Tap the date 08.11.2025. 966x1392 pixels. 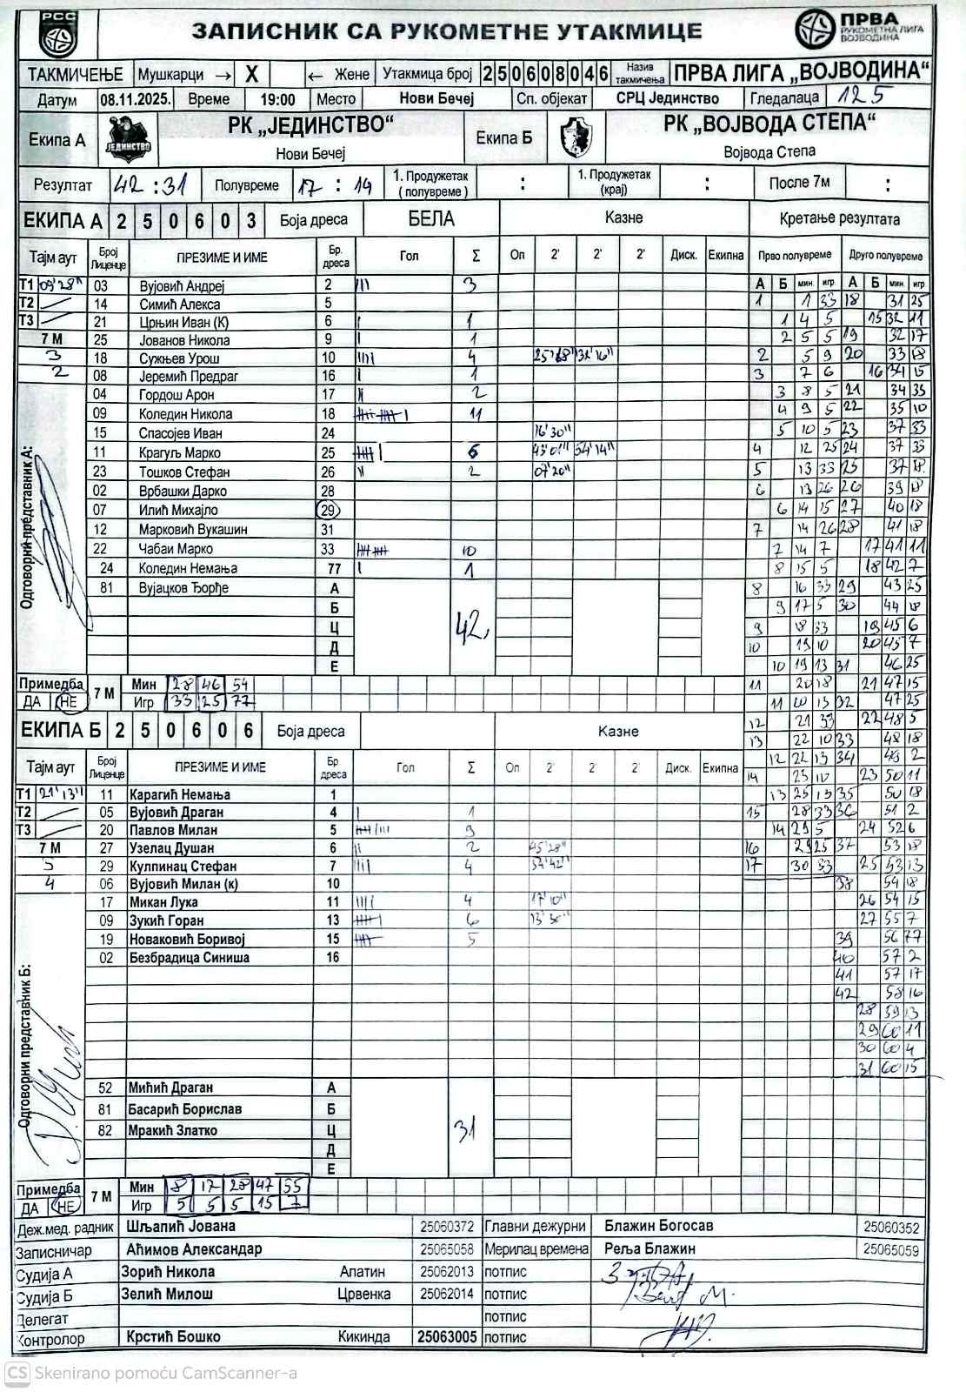(135, 99)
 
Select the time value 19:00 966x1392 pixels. (277, 100)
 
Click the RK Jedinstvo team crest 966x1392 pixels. (129, 139)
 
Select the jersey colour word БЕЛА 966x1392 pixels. (431, 218)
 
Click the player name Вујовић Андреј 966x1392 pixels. (182, 286)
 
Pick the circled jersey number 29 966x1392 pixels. (329, 511)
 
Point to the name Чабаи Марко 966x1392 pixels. (177, 549)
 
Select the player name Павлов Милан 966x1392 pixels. (173, 830)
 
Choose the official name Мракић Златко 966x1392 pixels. (172, 1131)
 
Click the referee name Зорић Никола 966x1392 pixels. (168, 1272)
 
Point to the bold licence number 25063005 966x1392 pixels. (447, 1337)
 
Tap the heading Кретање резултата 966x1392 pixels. (839, 218)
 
